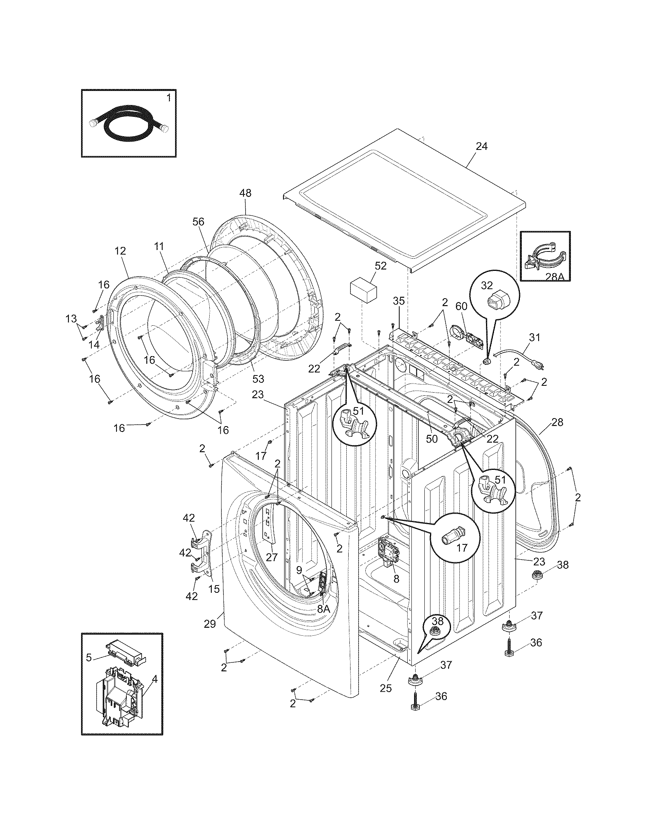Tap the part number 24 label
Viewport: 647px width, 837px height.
point(481,146)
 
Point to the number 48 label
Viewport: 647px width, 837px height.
point(245,193)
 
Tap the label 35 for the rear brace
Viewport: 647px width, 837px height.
point(399,301)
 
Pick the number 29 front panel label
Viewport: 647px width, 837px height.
point(210,624)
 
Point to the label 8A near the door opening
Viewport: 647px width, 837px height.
point(323,608)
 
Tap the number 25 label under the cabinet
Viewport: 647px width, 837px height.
point(386,688)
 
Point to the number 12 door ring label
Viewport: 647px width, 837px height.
point(120,251)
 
